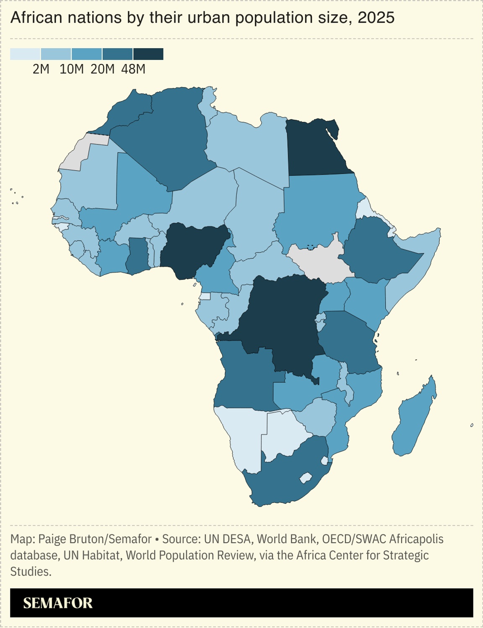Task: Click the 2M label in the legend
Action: (41, 69)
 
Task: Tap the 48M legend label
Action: (133, 69)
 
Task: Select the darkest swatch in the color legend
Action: (148, 54)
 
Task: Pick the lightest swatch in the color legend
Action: (25, 54)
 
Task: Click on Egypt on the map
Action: (317, 149)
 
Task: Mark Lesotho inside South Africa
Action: (306, 478)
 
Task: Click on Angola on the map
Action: (243, 377)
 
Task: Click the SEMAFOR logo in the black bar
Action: (58, 603)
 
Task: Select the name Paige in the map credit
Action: (52, 539)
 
